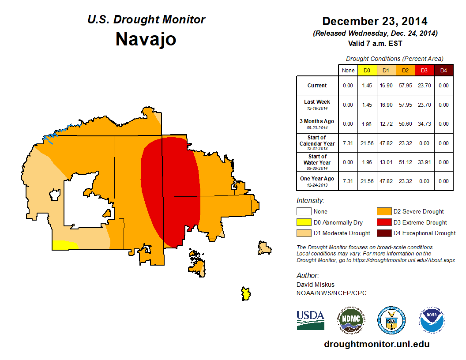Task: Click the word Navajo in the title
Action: (146, 39)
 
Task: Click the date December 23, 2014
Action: (375, 21)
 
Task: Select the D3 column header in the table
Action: (424, 70)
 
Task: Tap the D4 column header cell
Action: (443, 70)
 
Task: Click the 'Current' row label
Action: (317, 86)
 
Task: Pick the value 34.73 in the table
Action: (424, 124)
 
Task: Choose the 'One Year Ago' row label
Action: (317, 179)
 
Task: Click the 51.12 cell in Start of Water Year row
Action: (405, 162)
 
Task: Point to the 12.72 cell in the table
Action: (386, 124)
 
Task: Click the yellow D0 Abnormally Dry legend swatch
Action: (304, 222)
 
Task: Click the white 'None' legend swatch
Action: (304, 212)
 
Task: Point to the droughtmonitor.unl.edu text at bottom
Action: (376, 344)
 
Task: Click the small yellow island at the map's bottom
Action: (246, 293)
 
